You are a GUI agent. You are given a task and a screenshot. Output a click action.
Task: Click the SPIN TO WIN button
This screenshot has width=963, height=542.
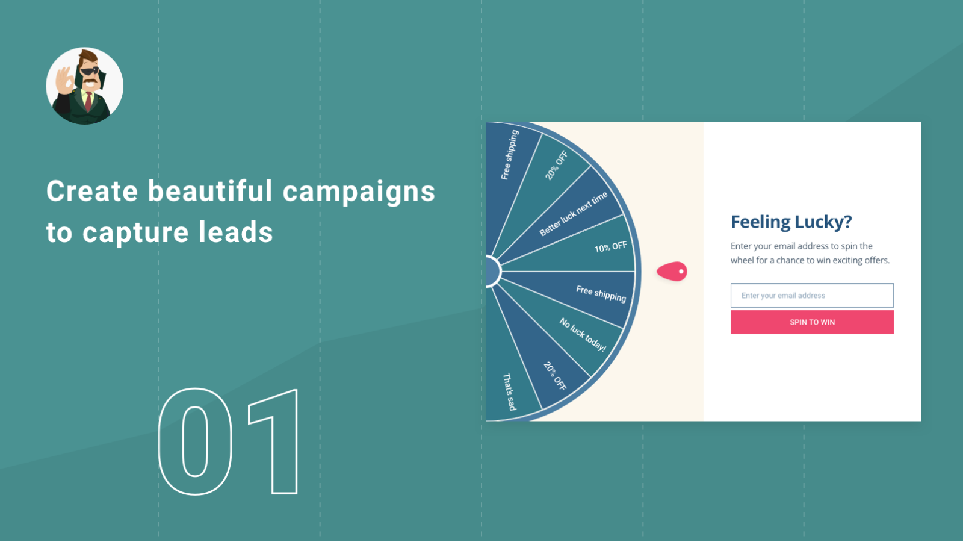(812, 322)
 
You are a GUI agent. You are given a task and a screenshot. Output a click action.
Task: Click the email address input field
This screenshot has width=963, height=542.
(812, 296)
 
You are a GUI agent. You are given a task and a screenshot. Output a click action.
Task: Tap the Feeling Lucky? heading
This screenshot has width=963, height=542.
(791, 222)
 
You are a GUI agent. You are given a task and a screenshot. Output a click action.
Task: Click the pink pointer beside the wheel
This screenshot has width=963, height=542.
(672, 272)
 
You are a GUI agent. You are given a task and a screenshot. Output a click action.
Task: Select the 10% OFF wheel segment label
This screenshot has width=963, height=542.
(610, 247)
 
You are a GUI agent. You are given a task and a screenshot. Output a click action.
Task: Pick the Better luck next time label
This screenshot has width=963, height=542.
(574, 214)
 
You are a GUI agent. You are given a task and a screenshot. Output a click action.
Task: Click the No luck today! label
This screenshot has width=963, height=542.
(583, 335)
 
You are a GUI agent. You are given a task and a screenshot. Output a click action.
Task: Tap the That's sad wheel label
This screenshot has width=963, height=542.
(509, 391)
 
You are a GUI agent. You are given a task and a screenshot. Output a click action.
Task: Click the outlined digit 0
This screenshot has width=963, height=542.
(195, 441)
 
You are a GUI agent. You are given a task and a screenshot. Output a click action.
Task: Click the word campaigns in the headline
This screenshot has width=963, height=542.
(359, 192)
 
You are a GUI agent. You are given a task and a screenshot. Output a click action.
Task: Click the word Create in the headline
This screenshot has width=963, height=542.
(92, 191)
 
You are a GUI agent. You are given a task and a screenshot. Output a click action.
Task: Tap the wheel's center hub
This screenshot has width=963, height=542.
(493, 272)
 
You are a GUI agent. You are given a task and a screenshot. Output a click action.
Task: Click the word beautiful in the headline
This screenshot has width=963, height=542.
(210, 190)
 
